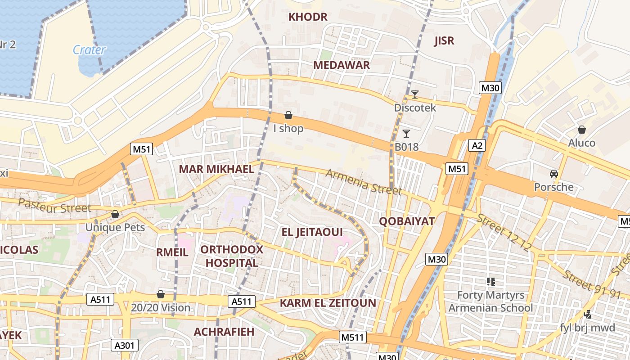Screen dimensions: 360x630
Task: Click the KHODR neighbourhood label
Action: (x=308, y=17)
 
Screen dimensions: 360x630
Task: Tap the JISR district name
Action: (x=444, y=41)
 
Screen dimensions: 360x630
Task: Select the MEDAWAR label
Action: (x=342, y=65)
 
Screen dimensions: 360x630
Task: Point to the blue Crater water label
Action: (x=89, y=49)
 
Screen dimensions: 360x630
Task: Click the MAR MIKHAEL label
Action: (x=216, y=169)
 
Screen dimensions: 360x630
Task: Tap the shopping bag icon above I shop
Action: (x=288, y=116)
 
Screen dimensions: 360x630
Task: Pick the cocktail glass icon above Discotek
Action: (x=414, y=94)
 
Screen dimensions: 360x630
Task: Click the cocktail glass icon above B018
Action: (x=406, y=133)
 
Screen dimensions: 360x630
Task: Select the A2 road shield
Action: (x=477, y=145)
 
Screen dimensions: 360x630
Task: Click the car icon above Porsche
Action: (x=553, y=174)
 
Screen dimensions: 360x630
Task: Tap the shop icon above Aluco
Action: (x=581, y=130)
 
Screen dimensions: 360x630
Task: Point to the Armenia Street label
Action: (x=364, y=182)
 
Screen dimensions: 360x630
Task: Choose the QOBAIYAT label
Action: (x=407, y=221)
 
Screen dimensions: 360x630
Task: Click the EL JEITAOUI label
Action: (x=312, y=232)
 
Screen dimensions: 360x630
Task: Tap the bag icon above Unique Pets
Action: (x=115, y=214)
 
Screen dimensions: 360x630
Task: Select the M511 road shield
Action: (x=353, y=337)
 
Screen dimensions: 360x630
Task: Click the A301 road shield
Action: (x=125, y=345)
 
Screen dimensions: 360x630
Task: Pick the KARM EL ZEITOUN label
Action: (x=328, y=303)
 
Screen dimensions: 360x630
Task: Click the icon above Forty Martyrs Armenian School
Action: (x=490, y=282)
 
